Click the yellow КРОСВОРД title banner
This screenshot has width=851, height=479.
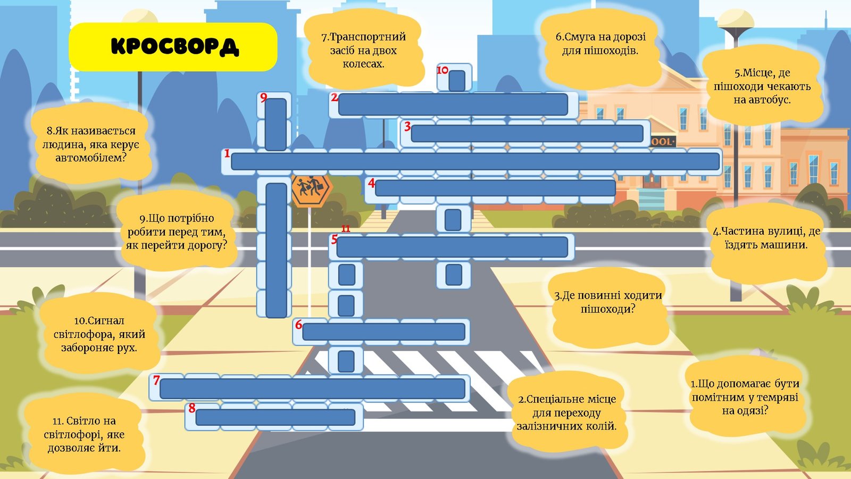point(173,47)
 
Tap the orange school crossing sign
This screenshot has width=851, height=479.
point(311,189)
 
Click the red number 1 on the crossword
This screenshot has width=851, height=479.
point(227,154)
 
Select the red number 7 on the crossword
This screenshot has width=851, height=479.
point(156,380)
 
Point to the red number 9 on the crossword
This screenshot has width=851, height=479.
point(264,97)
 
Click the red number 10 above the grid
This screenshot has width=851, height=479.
point(443,70)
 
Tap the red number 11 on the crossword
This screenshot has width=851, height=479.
point(346,229)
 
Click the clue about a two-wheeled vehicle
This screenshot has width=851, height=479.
point(363,51)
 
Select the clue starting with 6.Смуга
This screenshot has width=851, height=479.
point(600,44)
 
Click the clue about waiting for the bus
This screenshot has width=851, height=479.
point(762,86)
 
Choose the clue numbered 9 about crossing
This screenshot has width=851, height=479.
point(176,232)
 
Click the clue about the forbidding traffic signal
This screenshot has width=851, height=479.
point(99,334)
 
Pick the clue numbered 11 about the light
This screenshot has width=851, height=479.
point(84,434)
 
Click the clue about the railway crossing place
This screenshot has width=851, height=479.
point(566,412)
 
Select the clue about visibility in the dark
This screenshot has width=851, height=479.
point(745,397)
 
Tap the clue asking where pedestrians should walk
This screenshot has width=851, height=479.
point(608,302)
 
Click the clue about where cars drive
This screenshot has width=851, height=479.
point(766,238)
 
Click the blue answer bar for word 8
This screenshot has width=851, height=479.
point(275,417)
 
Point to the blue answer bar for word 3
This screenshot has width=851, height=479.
point(527,134)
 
